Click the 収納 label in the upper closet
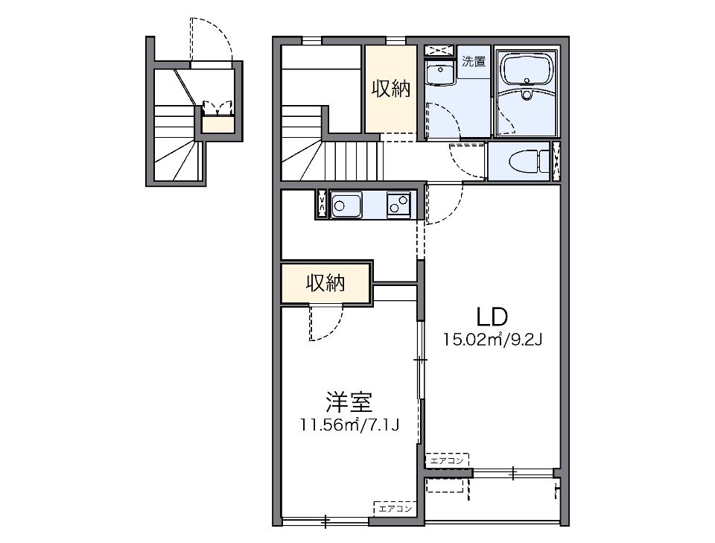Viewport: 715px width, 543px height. (390, 89)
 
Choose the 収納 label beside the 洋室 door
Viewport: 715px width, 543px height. (326, 283)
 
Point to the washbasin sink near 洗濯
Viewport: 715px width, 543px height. (439, 74)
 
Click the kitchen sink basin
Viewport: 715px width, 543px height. (346, 204)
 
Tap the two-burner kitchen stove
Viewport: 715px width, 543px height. (398, 203)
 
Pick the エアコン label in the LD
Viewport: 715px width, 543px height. (447, 461)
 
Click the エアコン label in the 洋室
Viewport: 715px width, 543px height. (395, 509)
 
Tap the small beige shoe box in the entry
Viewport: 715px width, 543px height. (218, 124)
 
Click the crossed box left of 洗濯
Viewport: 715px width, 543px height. (439, 50)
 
